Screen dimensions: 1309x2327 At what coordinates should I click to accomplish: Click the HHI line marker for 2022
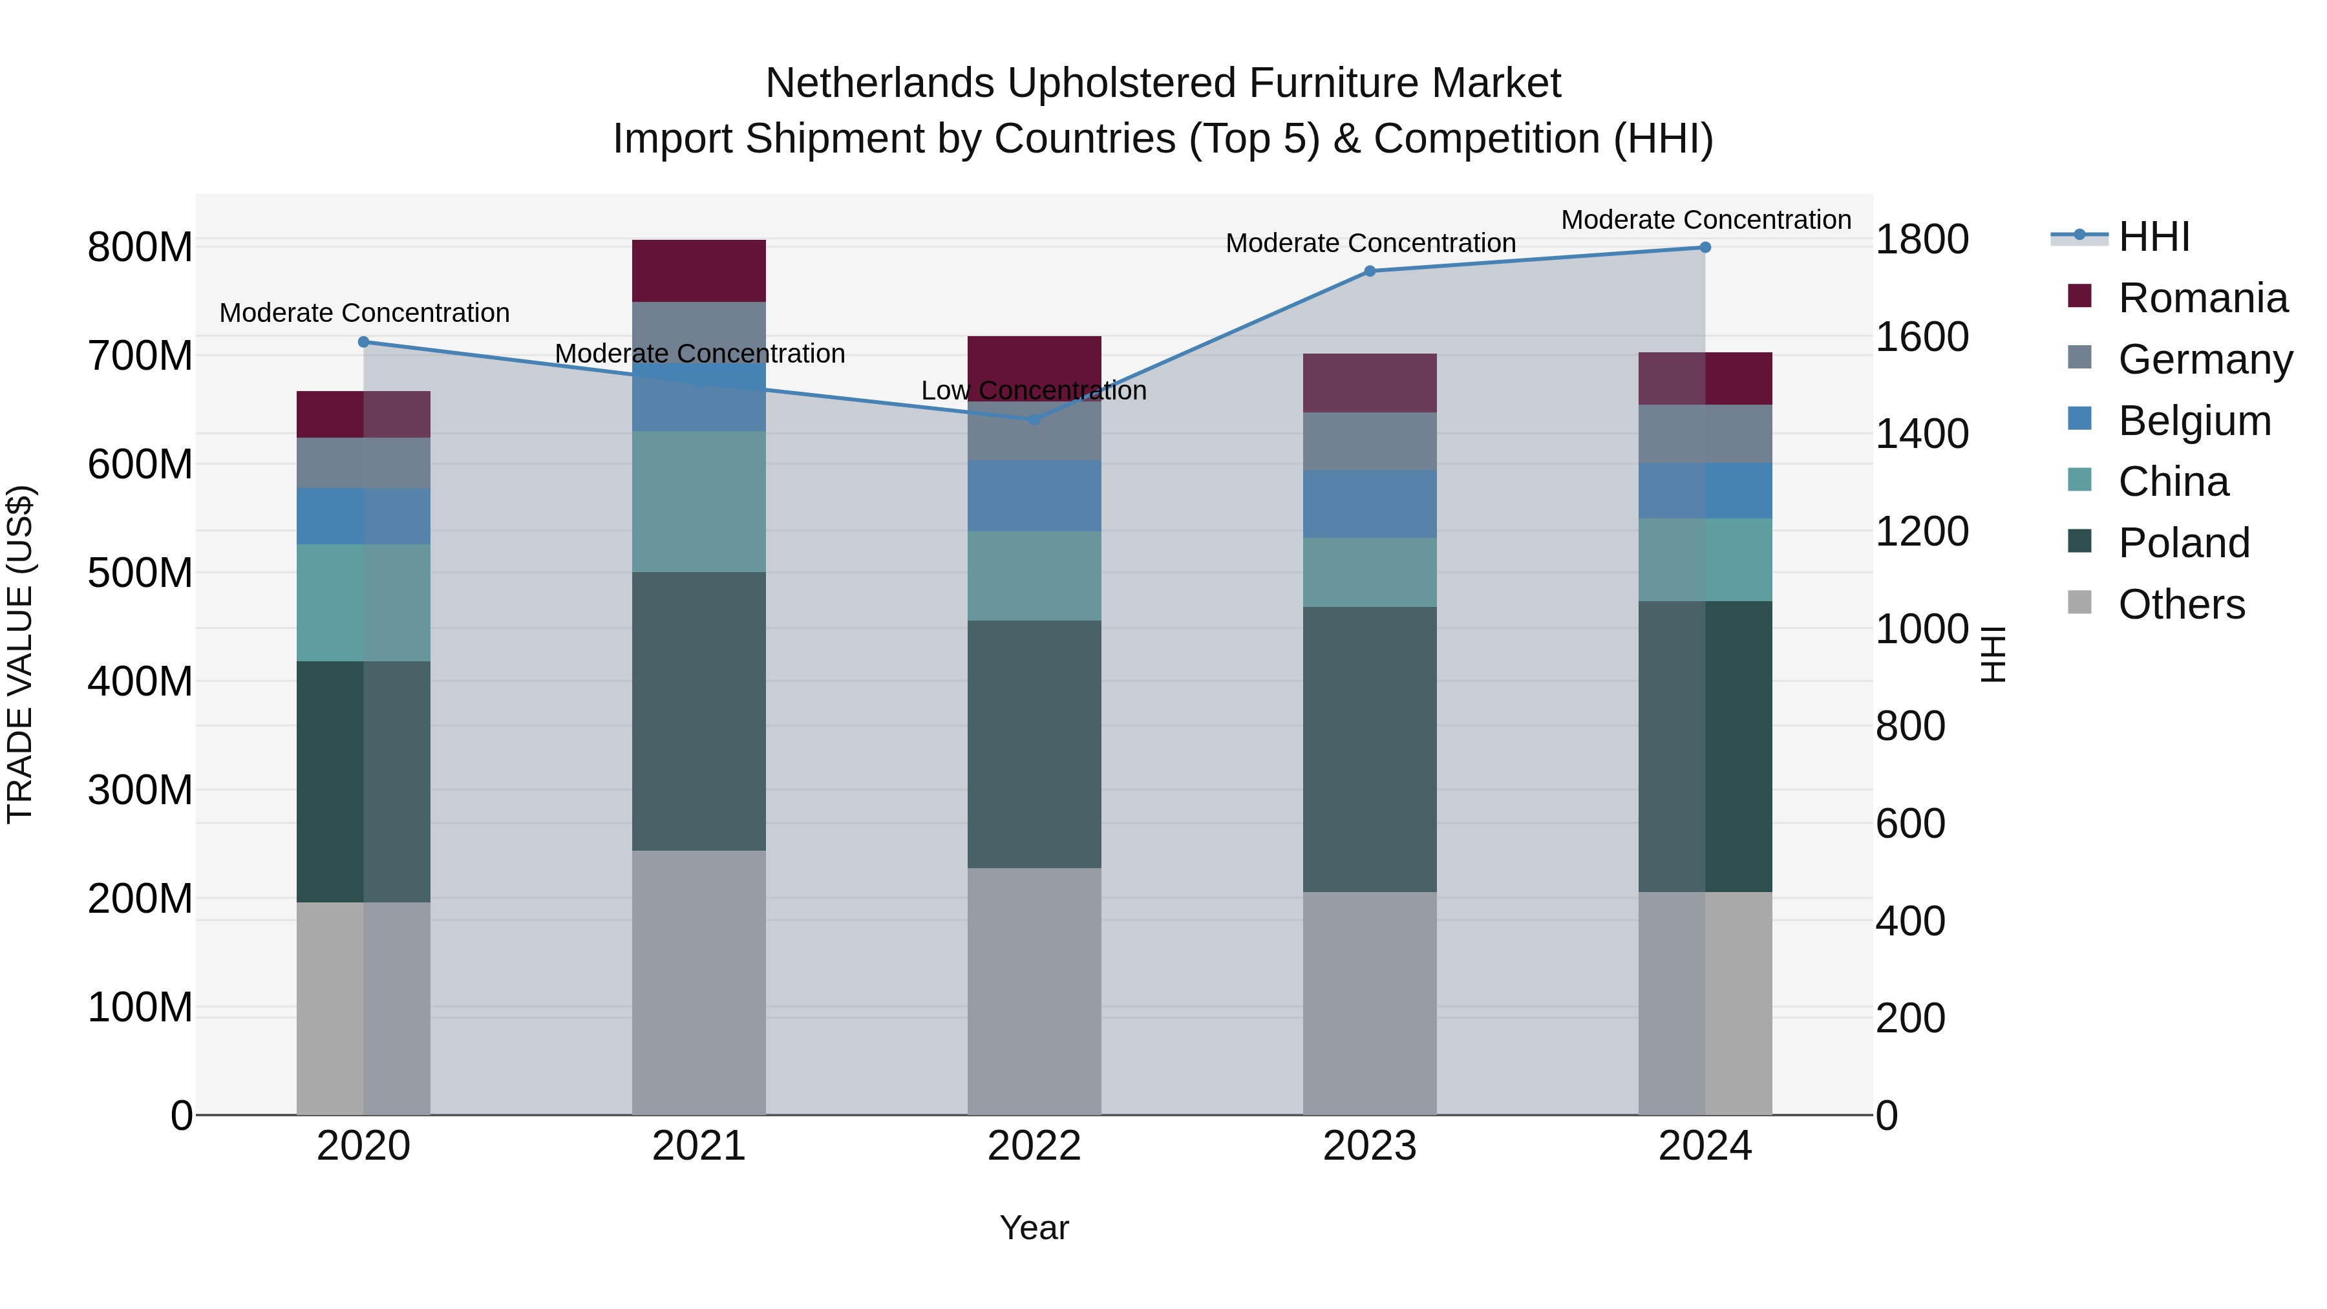pyautogui.click(x=1034, y=419)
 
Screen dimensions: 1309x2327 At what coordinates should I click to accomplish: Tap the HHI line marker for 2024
pyautogui.click(x=1705, y=248)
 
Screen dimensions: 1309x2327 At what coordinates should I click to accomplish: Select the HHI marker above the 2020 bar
pyautogui.click(x=364, y=341)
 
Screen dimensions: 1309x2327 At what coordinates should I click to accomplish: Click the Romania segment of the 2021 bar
pyautogui.click(x=698, y=271)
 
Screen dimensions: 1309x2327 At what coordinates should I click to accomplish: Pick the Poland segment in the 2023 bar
pyautogui.click(x=1370, y=749)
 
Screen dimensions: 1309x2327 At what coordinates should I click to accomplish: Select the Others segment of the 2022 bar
pyautogui.click(x=1034, y=991)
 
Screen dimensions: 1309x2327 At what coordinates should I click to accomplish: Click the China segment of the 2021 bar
pyautogui.click(x=698, y=502)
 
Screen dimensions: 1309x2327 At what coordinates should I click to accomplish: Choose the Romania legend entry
pyautogui.click(x=2202, y=298)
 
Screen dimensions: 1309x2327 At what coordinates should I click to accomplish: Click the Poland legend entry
pyautogui.click(x=2184, y=543)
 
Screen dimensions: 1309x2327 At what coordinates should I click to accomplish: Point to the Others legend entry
pyautogui.click(x=2181, y=604)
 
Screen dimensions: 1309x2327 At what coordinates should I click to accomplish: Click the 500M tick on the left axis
pyautogui.click(x=140, y=573)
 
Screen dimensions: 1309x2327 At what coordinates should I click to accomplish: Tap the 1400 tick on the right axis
pyautogui.click(x=1922, y=434)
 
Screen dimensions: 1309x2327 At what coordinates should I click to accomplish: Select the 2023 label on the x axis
pyautogui.click(x=1370, y=1146)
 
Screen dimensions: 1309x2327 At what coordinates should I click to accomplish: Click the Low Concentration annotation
pyautogui.click(x=1034, y=390)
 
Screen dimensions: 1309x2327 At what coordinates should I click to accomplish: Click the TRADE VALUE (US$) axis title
pyautogui.click(x=20, y=654)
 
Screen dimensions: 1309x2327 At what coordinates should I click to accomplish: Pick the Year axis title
pyautogui.click(x=1034, y=1228)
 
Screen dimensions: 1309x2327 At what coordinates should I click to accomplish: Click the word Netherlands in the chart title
pyautogui.click(x=881, y=83)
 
